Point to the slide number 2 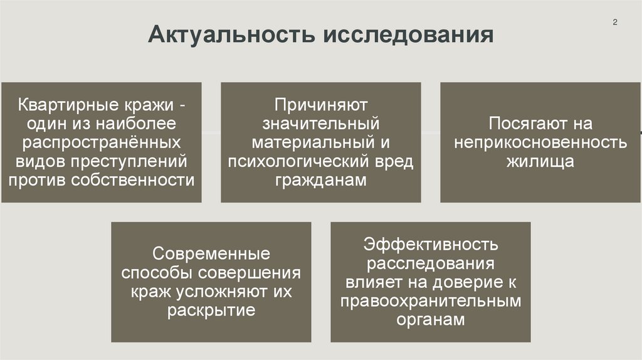pos(615,23)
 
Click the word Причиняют pos(320,103)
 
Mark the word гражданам pos(320,181)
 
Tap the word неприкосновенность pos(540,142)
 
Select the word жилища pos(540,161)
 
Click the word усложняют pos(238,292)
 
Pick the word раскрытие pos(212,311)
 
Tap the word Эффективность pos(431,243)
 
